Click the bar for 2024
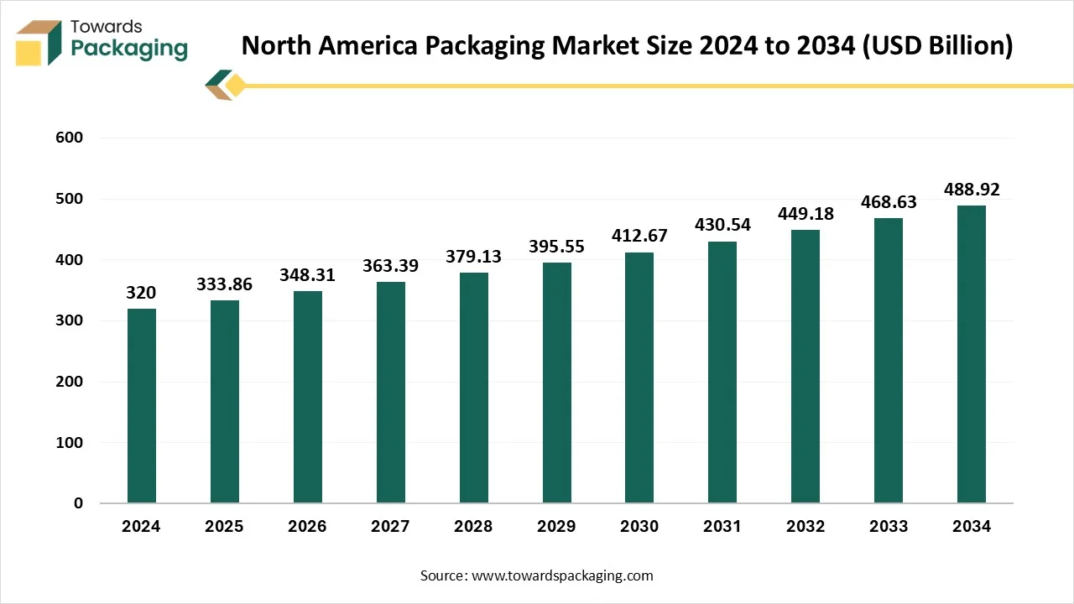click(x=141, y=406)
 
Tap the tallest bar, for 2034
click(x=972, y=354)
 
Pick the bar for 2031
click(x=722, y=372)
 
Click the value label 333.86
click(x=224, y=284)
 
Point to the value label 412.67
click(x=639, y=237)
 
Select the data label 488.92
click(x=972, y=190)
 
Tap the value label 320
click(x=141, y=293)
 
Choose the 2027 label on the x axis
click(x=390, y=527)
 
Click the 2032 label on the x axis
click(x=805, y=527)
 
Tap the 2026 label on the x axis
click(x=307, y=527)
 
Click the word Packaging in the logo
click(x=129, y=49)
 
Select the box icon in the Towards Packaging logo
click(x=38, y=43)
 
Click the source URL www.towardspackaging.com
click(x=562, y=575)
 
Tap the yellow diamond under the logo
click(x=236, y=85)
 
